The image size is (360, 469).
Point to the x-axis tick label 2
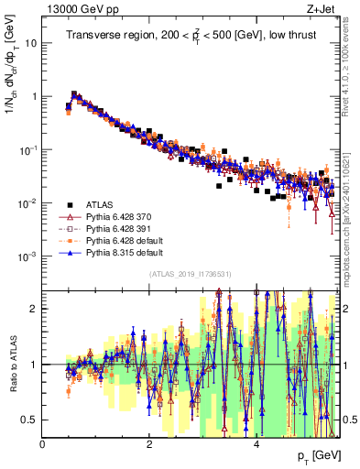tap(149, 444)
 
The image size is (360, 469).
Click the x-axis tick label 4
tap(256, 444)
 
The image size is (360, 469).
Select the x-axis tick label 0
tap(43, 444)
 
